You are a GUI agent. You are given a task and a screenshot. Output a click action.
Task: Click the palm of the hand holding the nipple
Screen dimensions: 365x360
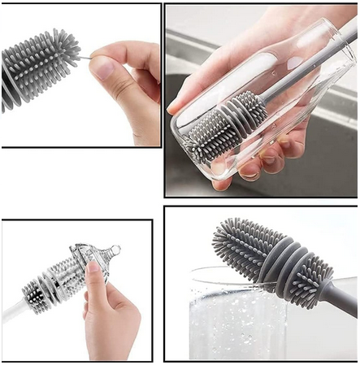(114, 325)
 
